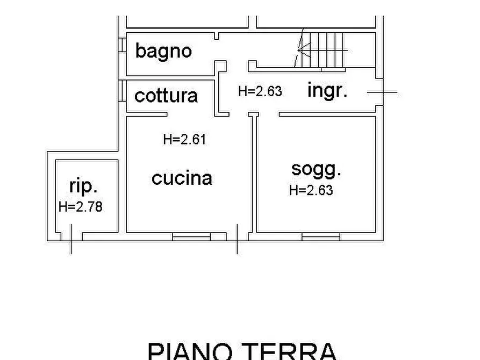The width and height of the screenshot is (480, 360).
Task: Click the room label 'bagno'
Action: point(163,51)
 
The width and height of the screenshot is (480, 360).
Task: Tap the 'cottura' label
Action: point(166,96)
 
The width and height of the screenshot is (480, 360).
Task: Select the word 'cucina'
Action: point(182,178)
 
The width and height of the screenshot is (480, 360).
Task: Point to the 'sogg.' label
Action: point(316,169)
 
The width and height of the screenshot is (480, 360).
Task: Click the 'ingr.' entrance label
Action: point(327,90)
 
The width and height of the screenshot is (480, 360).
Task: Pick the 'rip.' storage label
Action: point(84,186)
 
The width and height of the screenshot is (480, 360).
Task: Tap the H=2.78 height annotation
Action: point(81,206)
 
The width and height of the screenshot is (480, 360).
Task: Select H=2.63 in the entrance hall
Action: point(260,91)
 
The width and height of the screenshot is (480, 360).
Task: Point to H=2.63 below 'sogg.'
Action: point(311,190)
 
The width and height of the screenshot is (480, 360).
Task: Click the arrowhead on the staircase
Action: point(301,51)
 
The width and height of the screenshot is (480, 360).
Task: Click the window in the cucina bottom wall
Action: point(191,235)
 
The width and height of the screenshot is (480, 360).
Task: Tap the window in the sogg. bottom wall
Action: point(321,235)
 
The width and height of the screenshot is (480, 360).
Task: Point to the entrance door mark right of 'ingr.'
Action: point(383,92)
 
